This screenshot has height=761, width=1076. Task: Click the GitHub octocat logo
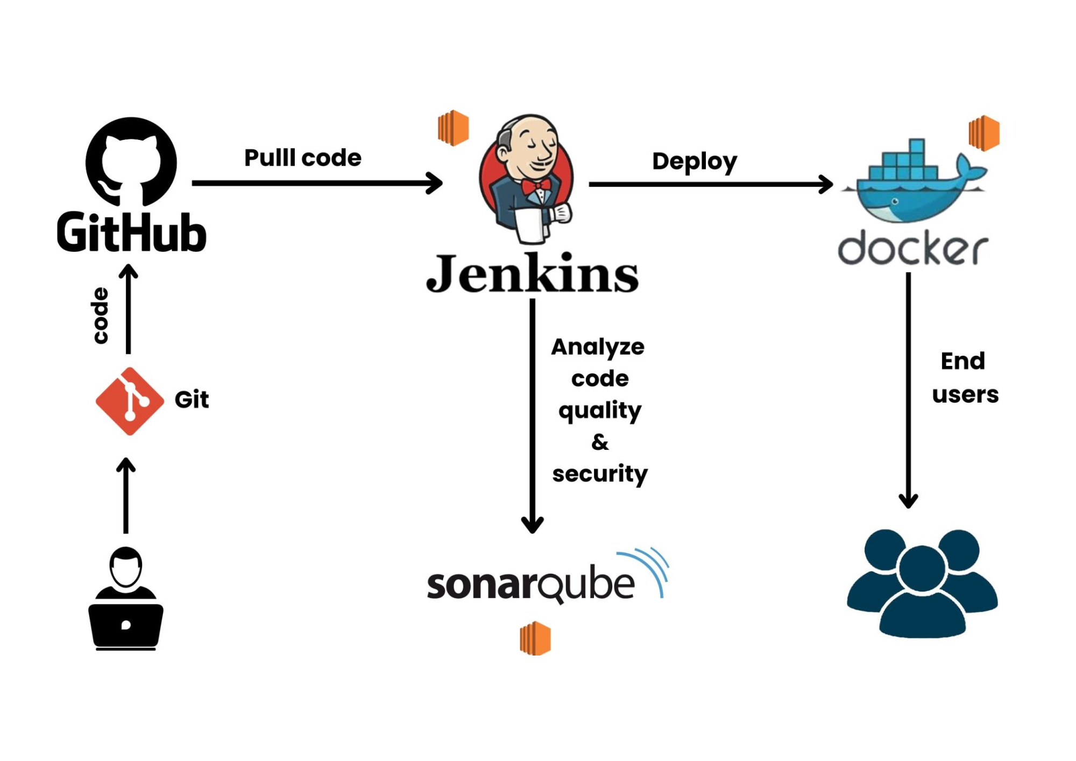[x=131, y=161]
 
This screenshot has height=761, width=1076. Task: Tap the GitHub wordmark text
[x=131, y=232]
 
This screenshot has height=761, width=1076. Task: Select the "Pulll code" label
[x=303, y=158]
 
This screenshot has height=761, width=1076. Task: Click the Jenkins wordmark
[x=532, y=274]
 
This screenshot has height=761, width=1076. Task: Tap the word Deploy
[x=694, y=161]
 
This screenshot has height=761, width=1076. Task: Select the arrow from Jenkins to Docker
[x=710, y=184]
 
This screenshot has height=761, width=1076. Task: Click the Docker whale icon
[x=915, y=183]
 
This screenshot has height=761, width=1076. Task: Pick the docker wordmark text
[x=912, y=249]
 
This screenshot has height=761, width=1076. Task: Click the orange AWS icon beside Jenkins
[x=453, y=128]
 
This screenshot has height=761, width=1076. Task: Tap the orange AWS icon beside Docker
[x=983, y=133]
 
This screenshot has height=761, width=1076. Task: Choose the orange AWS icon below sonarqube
[x=535, y=638]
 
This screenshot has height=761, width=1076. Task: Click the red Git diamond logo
[x=130, y=401]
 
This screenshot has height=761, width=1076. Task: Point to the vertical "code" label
[x=101, y=315]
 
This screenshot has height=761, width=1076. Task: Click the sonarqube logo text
[x=530, y=584]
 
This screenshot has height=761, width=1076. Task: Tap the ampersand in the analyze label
[x=600, y=442]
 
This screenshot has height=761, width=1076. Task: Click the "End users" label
[x=965, y=378]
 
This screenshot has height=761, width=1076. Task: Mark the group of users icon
[x=922, y=583]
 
